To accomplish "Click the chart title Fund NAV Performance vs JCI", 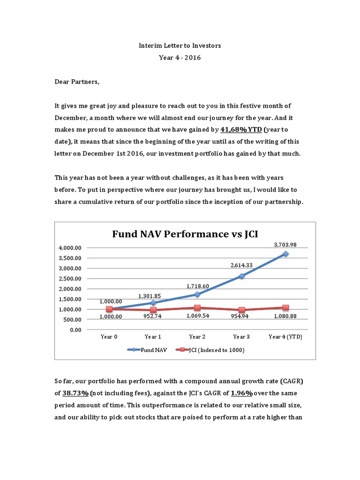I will point(185,233).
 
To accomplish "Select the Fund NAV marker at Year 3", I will point(241,276).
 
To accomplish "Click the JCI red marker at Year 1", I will point(153,310).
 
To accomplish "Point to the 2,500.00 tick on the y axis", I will point(70,278).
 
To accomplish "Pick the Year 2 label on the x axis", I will point(197,337).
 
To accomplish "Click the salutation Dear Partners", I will point(77,82).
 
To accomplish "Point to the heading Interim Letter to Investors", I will point(180,45).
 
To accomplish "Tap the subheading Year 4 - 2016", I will point(180,57).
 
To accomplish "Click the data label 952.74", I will point(153,317).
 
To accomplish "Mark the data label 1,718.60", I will point(197,286).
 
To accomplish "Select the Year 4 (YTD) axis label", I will point(285,337).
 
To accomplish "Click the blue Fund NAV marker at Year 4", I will point(285,254).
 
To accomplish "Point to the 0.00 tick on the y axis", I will point(75,330).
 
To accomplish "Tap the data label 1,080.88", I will point(285,317).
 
